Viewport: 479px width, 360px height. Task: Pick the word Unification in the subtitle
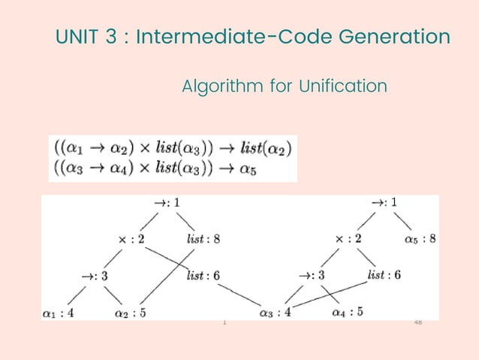tap(342, 87)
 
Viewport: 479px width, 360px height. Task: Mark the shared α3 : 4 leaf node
tap(274, 311)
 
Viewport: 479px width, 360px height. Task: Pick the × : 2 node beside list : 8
tap(131, 240)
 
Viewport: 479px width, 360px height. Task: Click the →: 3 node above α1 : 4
tap(95, 276)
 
